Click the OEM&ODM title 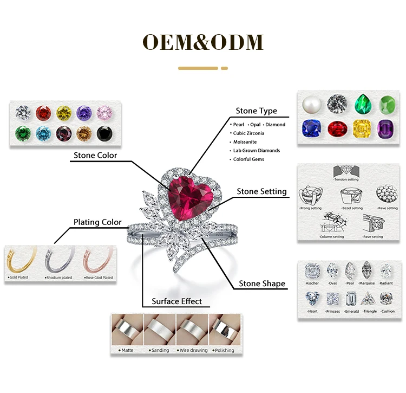click(202, 42)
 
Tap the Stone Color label click(95, 156)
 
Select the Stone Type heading click(256, 111)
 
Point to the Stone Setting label click(262, 191)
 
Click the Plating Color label click(97, 222)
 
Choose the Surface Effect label click(176, 301)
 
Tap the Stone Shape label click(262, 284)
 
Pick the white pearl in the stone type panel click(313, 103)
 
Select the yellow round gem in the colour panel click(64, 112)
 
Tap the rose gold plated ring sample click(97, 261)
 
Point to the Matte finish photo click(127, 330)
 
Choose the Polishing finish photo click(223, 330)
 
